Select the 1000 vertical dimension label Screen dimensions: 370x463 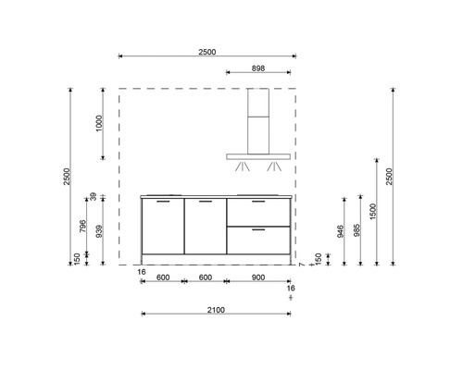(x=100, y=123)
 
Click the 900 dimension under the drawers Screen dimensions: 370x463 (x=257, y=277)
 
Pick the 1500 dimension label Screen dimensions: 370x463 (x=373, y=212)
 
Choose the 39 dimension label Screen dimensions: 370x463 (x=94, y=196)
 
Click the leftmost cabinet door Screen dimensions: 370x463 (x=161, y=227)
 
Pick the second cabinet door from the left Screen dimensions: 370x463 (x=204, y=227)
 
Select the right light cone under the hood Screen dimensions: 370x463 (x=274, y=167)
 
